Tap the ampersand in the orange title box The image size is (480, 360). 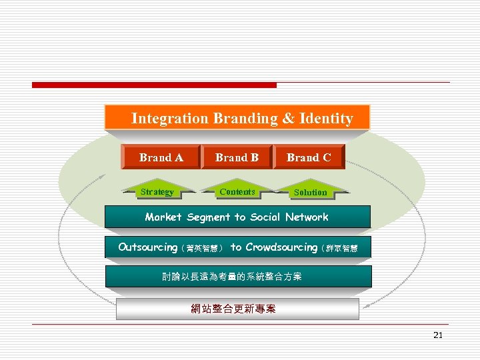(288, 119)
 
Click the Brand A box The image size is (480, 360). (161, 157)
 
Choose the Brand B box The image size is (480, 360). (237, 157)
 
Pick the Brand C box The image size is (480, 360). (309, 157)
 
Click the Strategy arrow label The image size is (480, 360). (157, 192)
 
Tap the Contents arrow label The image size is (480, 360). (237, 192)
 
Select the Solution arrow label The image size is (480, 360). (311, 193)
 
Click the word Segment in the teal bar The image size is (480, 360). (209, 217)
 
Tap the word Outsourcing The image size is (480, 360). (148, 247)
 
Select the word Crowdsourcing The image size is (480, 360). (281, 247)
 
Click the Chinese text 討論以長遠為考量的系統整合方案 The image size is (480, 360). (232, 276)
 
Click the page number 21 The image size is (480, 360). (437, 335)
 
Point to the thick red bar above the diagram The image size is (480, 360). (154, 85)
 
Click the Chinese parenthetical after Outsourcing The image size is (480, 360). (202, 248)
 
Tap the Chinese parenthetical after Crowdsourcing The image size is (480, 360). (339, 249)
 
